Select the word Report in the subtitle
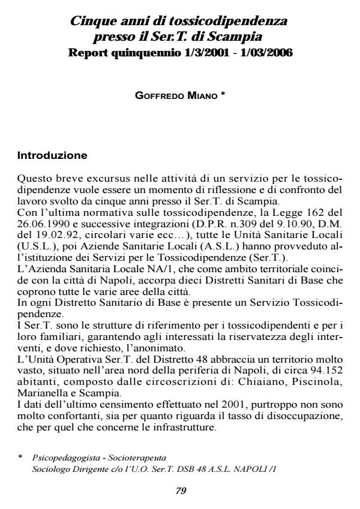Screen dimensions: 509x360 (88, 53)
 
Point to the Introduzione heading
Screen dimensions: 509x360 (52, 156)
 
